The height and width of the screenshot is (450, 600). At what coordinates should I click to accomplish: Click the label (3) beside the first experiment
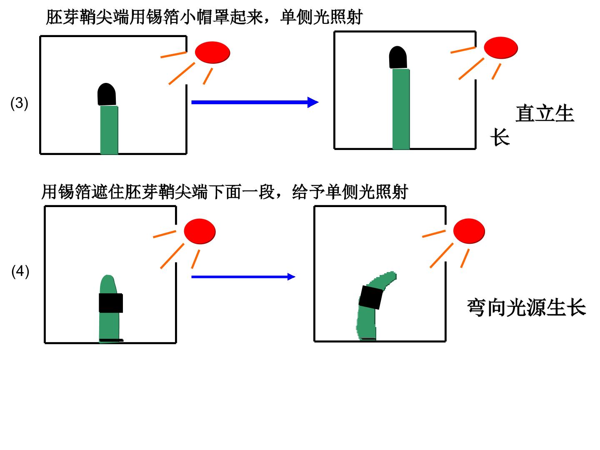point(19,103)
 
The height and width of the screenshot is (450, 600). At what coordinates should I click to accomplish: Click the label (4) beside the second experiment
point(20,271)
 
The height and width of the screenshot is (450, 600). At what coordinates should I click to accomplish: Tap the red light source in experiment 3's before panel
point(212,52)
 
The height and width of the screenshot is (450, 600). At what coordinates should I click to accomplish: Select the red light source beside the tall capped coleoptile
point(501,48)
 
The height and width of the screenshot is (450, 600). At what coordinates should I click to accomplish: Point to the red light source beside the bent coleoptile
point(469,231)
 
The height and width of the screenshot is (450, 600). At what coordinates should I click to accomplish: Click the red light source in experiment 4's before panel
point(200,231)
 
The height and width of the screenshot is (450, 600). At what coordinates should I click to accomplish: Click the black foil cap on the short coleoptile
point(107,94)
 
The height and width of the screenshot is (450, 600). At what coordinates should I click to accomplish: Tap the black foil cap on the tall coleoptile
point(398,57)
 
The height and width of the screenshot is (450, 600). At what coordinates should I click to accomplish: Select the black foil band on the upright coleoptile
point(111,303)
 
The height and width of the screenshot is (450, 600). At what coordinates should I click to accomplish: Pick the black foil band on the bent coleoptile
point(370,297)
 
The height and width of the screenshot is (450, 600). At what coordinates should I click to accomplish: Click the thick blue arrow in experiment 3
point(255,102)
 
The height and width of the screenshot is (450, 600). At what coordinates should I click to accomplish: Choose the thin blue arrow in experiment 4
point(243,277)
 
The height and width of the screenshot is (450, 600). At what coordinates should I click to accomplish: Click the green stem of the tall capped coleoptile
point(401,109)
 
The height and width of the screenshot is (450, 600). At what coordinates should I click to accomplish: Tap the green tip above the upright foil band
point(108,285)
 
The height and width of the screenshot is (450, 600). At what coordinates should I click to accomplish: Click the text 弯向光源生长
point(526,307)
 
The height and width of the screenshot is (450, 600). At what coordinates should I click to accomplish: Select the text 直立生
point(545,113)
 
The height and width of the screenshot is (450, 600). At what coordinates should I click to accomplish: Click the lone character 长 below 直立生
point(500,137)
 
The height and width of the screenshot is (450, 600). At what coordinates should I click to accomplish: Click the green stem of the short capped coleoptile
point(109,130)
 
